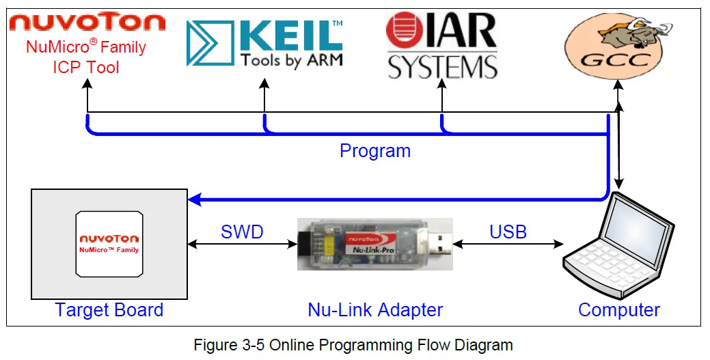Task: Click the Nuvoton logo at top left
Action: pos(87,23)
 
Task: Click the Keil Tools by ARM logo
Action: pos(264,43)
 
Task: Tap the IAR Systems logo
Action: pos(441,44)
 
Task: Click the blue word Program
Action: pos(375,151)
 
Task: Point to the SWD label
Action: pos(242,232)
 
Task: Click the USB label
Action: pos(508,232)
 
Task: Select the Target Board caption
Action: pos(109,310)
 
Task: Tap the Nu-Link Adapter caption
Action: pos(375,310)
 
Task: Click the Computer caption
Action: pos(618,310)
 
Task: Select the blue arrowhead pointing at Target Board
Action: pos(195,199)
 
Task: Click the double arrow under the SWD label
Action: pos(242,244)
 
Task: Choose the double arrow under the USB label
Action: pos(508,243)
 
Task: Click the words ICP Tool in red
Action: pos(86,67)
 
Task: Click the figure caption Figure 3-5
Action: pos(353,345)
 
